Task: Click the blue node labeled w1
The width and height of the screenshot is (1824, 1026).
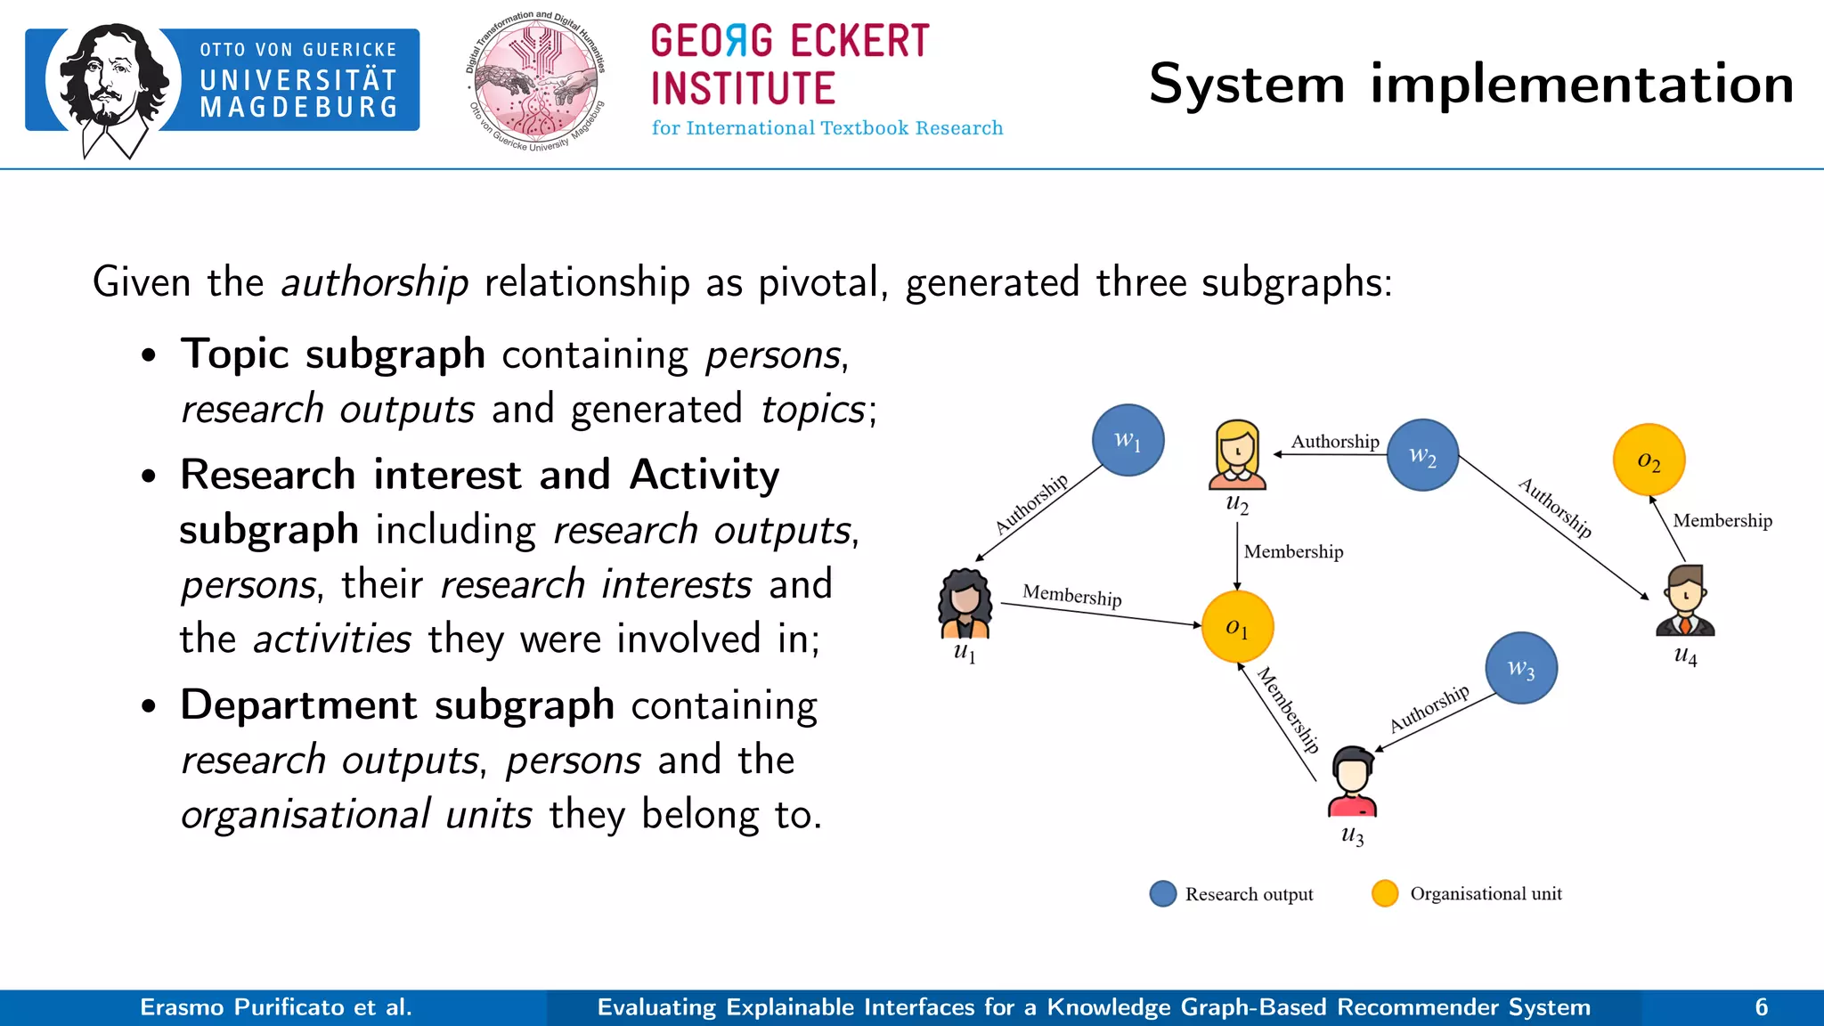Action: tap(1128, 440)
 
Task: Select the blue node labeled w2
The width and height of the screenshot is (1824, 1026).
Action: tap(1422, 455)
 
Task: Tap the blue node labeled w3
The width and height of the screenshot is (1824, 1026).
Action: tap(1520, 668)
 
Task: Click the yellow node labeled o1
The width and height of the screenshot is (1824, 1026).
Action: tap(1237, 626)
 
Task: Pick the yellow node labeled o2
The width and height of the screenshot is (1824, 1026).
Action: tap(1649, 460)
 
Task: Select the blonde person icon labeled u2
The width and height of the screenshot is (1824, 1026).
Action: tap(1237, 455)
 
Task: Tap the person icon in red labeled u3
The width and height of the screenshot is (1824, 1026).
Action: tap(1352, 782)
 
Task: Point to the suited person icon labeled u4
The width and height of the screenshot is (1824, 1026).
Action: tap(1685, 600)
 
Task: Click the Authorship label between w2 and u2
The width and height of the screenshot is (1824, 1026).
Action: tap(1334, 441)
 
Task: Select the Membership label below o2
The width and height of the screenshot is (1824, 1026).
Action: tap(1722, 520)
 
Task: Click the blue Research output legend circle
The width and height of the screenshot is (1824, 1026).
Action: tap(1162, 893)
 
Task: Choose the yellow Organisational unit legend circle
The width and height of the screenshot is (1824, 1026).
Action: tap(1384, 893)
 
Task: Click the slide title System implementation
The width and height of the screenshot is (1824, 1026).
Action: tap(1470, 85)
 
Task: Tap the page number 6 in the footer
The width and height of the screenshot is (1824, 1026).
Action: tap(1761, 1007)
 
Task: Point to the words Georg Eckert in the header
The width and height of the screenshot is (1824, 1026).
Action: tap(789, 41)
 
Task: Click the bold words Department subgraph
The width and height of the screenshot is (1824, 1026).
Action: tap(396, 704)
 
